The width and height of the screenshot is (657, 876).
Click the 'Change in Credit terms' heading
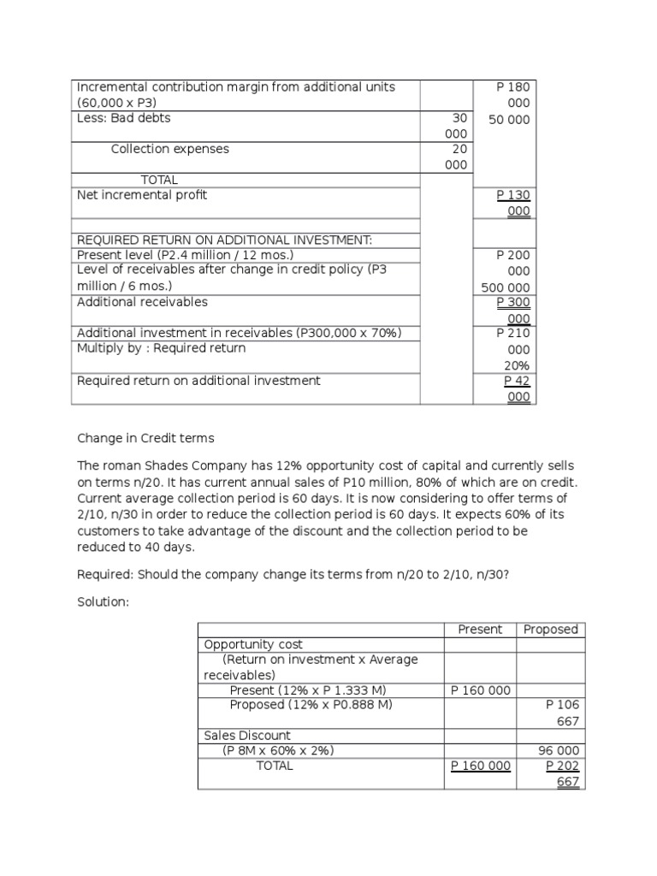[x=145, y=438]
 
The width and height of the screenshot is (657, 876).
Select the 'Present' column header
[x=480, y=629]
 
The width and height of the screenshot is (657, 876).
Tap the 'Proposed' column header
[x=550, y=629]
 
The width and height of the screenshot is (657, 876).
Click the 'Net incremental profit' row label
[x=142, y=195]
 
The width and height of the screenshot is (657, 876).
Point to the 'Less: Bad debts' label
[x=123, y=118]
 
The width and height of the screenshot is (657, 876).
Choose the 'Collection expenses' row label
[x=170, y=149]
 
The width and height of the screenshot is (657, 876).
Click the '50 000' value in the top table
[x=509, y=120]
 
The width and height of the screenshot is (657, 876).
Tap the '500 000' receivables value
[x=506, y=287]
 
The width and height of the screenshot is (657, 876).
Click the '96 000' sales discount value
[x=558, y=750]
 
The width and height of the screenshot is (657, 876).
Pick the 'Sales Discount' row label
[x=247, y=735]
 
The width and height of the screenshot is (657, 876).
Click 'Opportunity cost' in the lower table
[x=253, y=644]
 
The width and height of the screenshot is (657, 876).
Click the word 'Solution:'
[x=103, y=602]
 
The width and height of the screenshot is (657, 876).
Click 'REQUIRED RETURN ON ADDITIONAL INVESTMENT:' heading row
[x=225, y=240]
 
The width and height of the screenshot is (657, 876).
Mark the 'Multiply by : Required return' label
[x=161, y=348]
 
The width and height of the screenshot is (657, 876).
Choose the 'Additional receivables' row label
[x=142, y=302]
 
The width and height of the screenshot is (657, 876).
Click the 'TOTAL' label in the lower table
[x=274, y=766]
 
